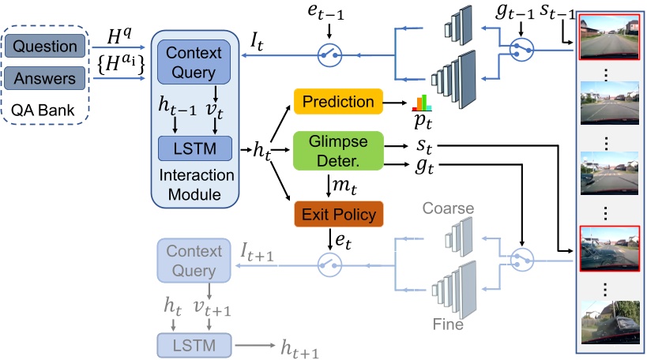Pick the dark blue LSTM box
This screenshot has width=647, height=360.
point(194,148)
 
